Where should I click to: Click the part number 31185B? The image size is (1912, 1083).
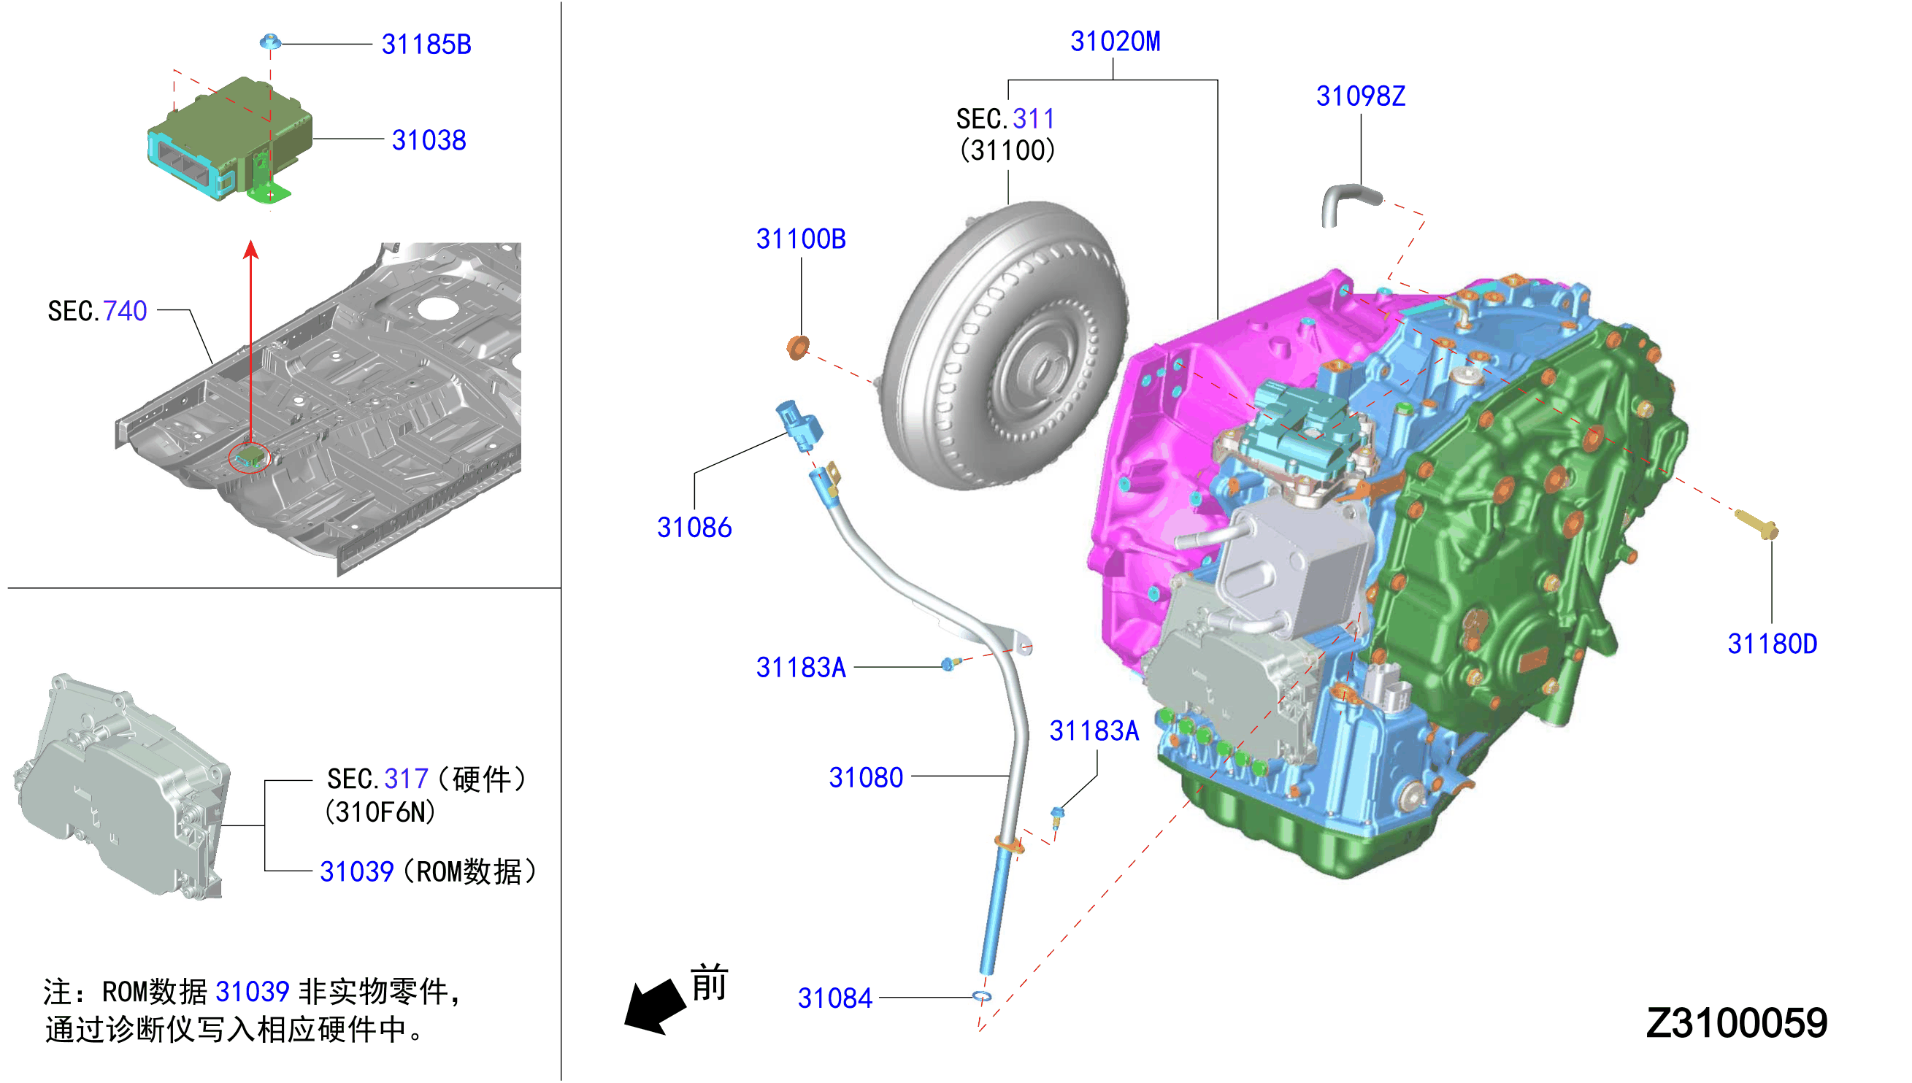click(x=426, y=45)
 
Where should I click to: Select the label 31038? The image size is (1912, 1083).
click(x=429, y=140)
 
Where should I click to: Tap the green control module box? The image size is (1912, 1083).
click(x=229, y=139)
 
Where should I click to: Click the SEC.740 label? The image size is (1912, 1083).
click(x=97, y=311)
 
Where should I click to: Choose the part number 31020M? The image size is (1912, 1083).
click(x=1115, y=42)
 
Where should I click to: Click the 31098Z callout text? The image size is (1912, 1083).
click(x=1360, y=96)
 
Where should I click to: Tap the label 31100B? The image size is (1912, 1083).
click(x=801, y=239)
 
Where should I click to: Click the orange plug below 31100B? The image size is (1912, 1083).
click(x=797, y=347)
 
